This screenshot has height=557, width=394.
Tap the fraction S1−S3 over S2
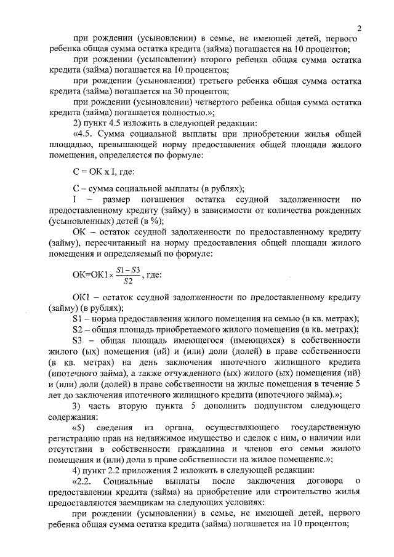[x=128, y=276]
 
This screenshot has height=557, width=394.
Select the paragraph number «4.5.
[x=82, y=133]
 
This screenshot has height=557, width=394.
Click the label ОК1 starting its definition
[x=81, y=298]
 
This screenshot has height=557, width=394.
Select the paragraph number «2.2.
[x=82, y=479]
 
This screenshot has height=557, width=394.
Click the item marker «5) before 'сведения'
[x=80, y=427]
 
